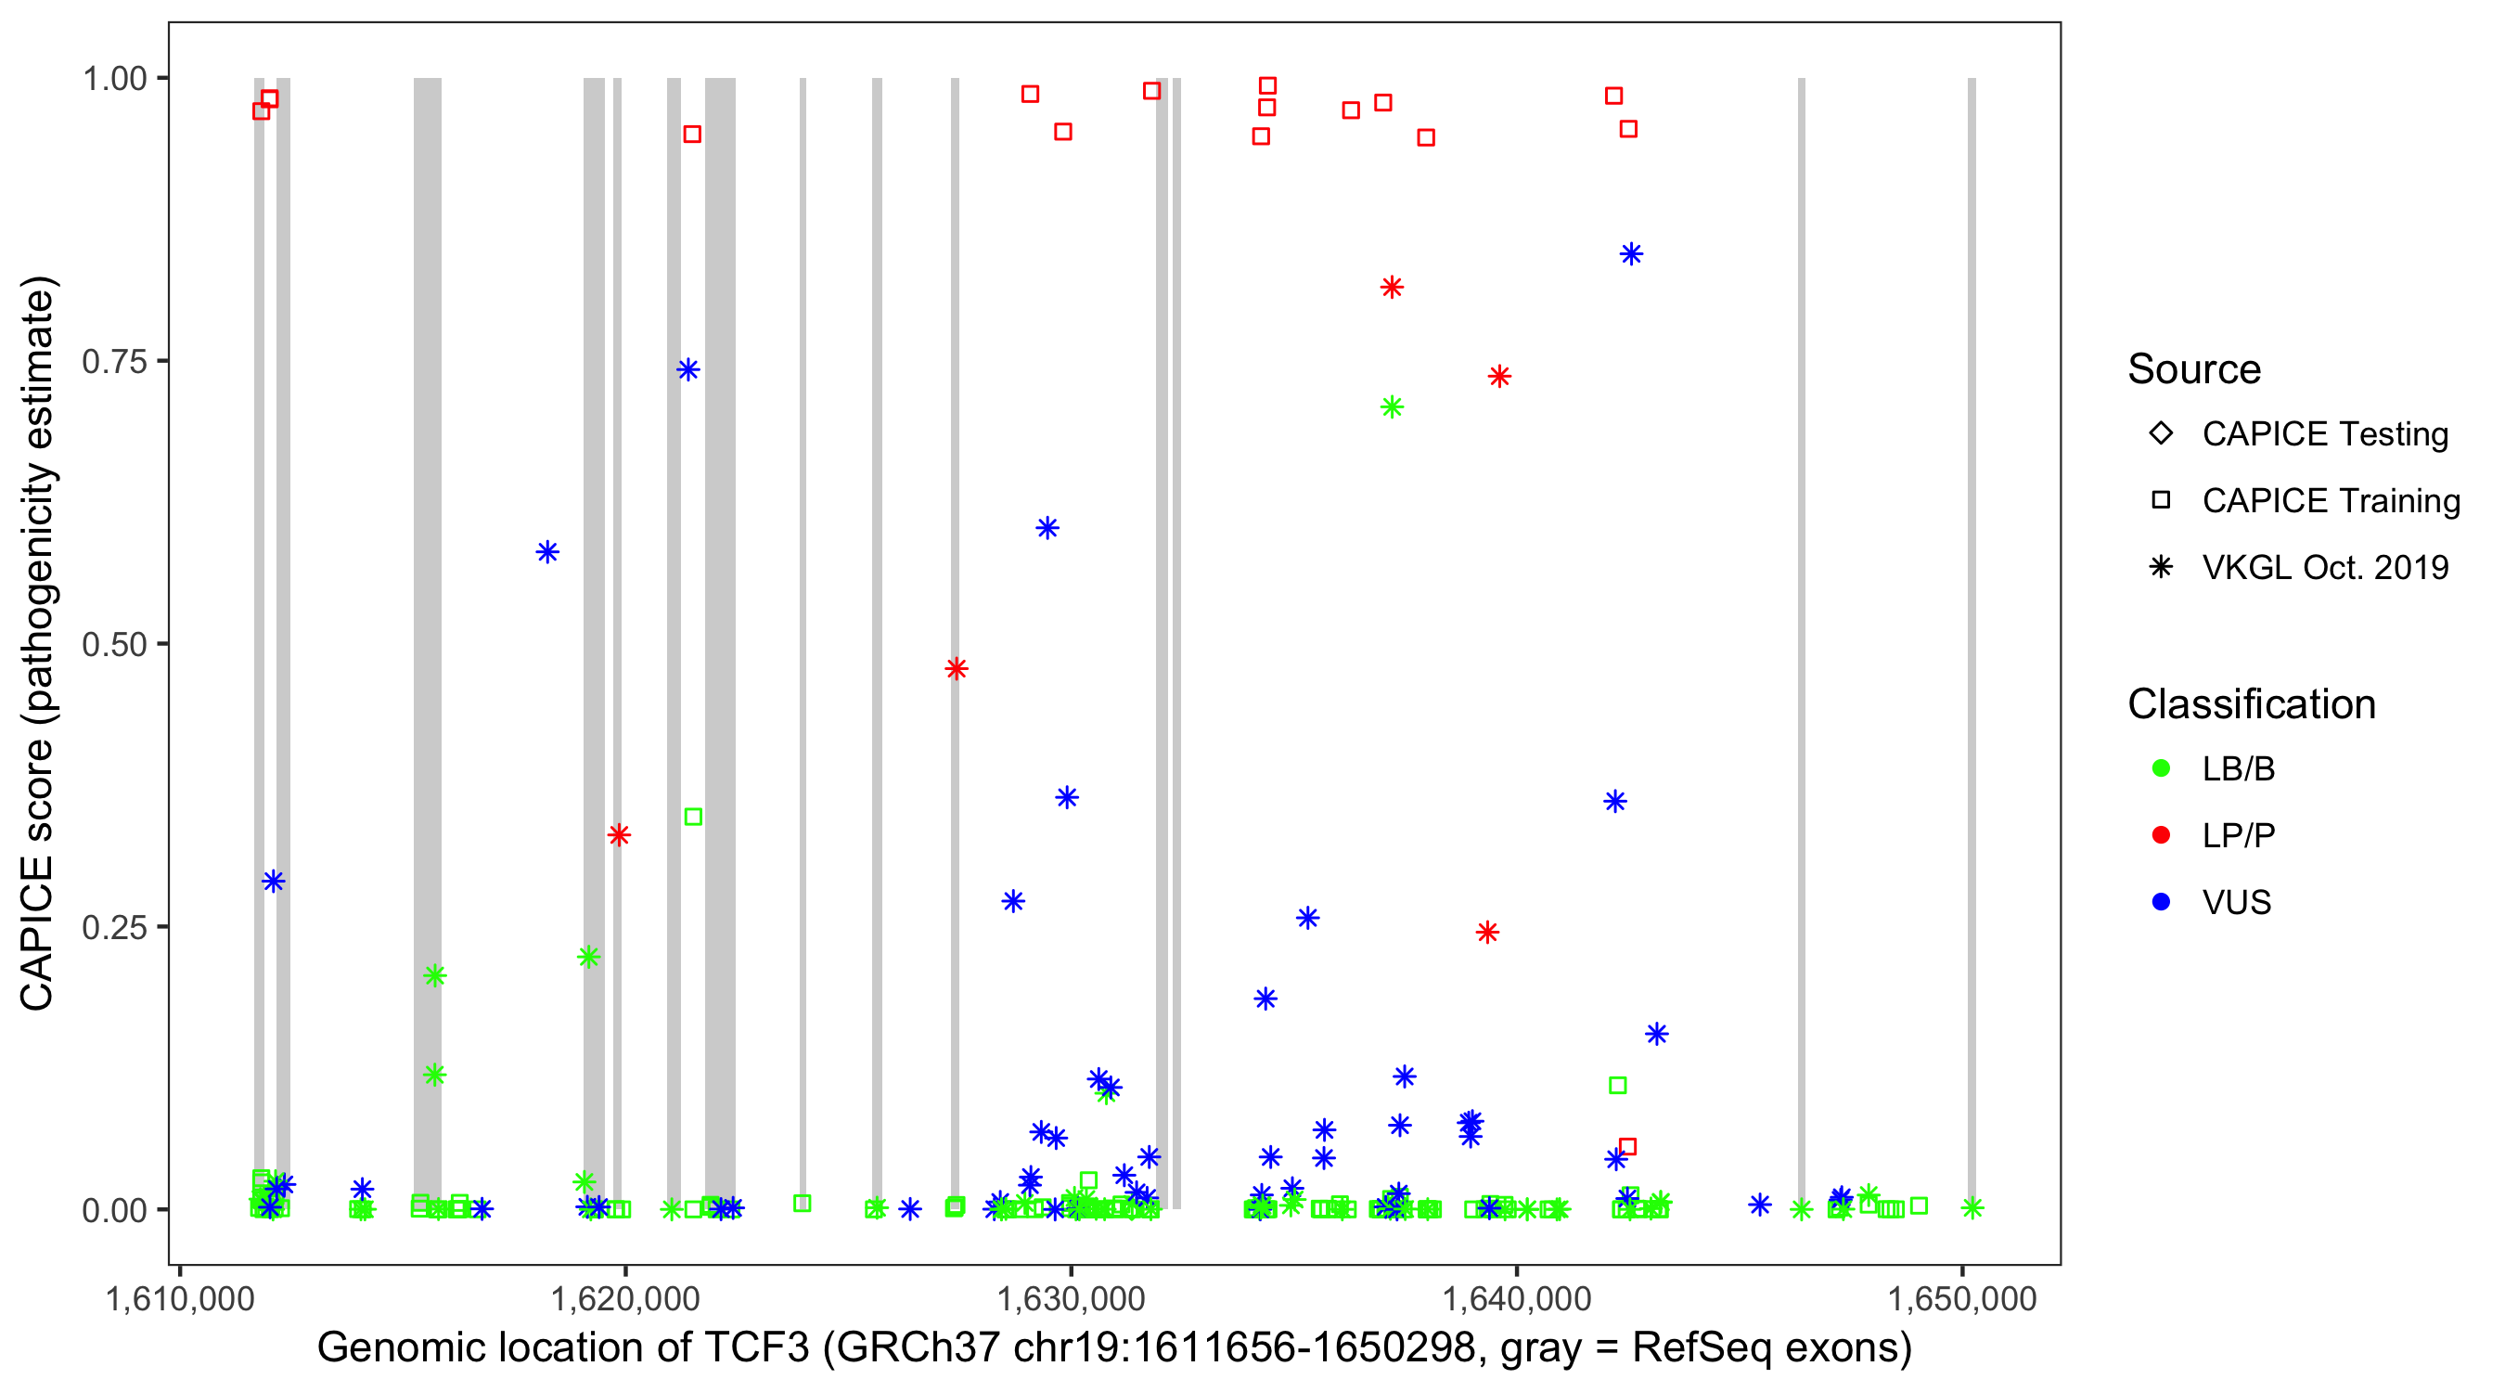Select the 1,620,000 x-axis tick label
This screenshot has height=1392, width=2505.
[x=624, y=1298]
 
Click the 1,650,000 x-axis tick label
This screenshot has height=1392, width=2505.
[x=1961, y=1298]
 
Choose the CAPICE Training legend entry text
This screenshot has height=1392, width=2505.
[x=2330, y=501]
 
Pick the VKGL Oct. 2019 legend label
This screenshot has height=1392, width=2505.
[x=2324, y=568]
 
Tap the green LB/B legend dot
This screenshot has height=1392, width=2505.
[x=2161, y=769]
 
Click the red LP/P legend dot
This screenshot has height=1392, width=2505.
[x=2161, y=835]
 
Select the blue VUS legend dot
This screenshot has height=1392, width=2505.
[x=2161, y=903]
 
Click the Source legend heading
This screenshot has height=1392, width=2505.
[x=2194, y=369]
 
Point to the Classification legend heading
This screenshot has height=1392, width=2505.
[x=2251, y=704]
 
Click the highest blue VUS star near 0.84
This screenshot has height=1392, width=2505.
[x=1631, y=255]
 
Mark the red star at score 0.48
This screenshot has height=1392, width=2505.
[x=956, y=669]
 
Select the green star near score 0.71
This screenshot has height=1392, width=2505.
[x=1392, y=407]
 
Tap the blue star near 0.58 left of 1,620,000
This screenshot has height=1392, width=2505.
[x=547, y=552]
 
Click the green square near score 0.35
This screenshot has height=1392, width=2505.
[x=692, y=818]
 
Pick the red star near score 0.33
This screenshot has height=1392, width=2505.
[x=619, y=835]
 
